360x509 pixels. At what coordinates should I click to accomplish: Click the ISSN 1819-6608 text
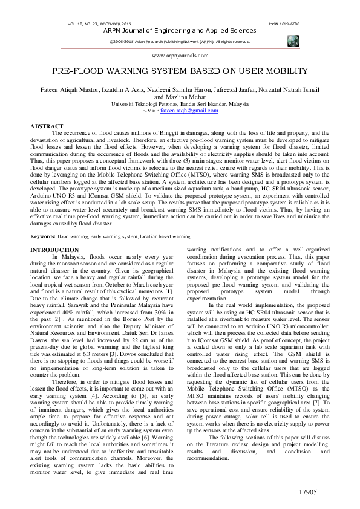pyautogui.click(x=283, y=24)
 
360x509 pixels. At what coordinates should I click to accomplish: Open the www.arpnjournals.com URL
pyautogui.click(x=179, y=54)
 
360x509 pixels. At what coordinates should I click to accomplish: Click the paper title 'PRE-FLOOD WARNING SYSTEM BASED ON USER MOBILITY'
pyautogui.click(x=180, y=71)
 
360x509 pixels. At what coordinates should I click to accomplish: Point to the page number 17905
pyautogui.click(x=312, y=493)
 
